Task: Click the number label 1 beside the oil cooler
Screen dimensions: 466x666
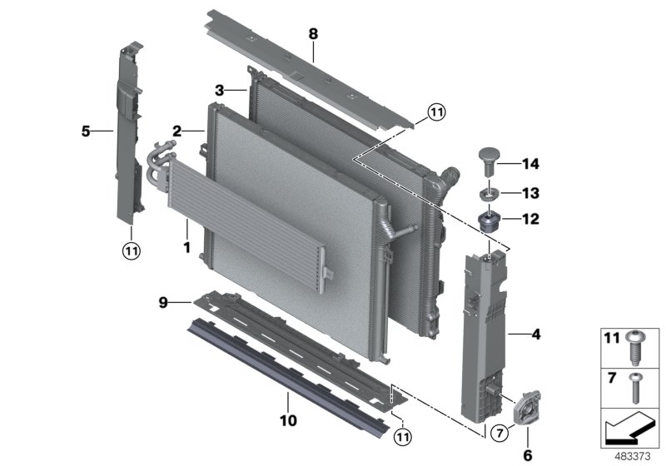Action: coord(187,247)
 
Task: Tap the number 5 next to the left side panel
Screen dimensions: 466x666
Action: coord(86,131)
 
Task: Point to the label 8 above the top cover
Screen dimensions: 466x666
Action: coord(313,34)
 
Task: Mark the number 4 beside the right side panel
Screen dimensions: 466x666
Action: coord(535,335)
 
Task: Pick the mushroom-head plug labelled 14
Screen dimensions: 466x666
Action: coord(489,160)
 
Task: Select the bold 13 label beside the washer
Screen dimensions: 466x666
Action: coord(530,194)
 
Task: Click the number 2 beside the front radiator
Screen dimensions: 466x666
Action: coord(177,131)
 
